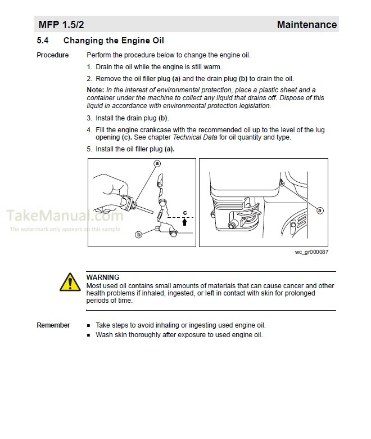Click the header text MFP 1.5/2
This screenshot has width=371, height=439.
(x=61, y=25)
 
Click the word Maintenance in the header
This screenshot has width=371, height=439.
(x=306, y=25)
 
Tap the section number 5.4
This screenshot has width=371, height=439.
(x=43, y=41)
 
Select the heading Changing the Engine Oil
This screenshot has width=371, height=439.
(x=114, y=41)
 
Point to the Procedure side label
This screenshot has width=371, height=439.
(x=52, y=55)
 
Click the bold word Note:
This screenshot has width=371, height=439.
(x=95, y=90)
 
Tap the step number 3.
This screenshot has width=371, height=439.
(x=89, y=118)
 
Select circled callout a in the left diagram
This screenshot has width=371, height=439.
(x=157, y=163)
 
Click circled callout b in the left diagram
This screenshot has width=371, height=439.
(x=138, y=235)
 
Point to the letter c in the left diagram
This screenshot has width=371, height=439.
(x=184, y=212)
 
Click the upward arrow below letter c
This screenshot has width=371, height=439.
(x=184, y=222)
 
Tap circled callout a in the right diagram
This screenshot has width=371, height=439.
(x=320, y=210)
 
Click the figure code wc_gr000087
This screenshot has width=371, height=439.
(x=311, y=252)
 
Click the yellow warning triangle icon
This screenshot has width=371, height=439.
(x=70, y=281)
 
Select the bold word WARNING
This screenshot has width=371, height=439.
(x=102, y=277)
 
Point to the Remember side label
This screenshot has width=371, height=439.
(x=53, y=325)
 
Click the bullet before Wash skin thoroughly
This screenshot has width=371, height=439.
(x=89, y=335)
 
